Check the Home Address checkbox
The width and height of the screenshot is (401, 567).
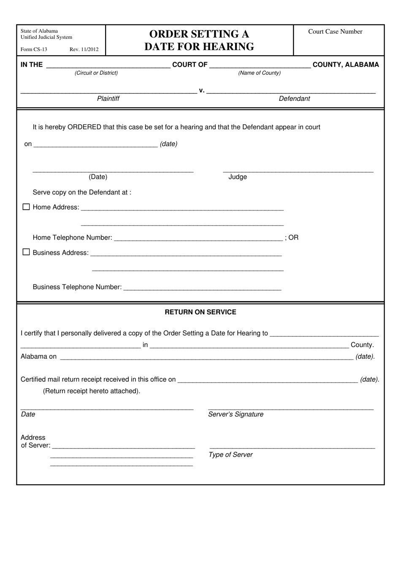click(26, 207)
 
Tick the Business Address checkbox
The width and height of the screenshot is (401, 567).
click(26, 252)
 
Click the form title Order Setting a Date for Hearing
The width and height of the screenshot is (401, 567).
click(199, 40)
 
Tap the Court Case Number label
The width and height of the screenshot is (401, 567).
click(335, 32)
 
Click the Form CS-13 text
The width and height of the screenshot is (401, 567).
click(34, 49)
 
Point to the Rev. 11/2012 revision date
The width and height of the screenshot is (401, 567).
click(84, 49)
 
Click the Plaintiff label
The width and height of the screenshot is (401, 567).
click(108, 99)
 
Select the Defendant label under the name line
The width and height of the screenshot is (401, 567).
click(294, 99)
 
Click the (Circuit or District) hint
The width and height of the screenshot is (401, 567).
click(96, 73)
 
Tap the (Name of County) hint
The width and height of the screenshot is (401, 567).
click(259, 73)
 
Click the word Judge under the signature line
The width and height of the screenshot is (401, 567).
click(238, 177)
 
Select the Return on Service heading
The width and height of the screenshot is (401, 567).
click(200, 312)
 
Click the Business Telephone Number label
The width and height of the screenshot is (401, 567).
click(77, 287)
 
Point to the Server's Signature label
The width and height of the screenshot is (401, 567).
click(236, 414)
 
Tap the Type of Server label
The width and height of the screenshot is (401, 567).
click(230, 455)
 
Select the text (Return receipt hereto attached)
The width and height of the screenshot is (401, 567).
click(92, 391)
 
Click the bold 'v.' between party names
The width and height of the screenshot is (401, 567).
click(201, 90)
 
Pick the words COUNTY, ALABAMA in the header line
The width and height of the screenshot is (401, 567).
click(346, 65)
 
